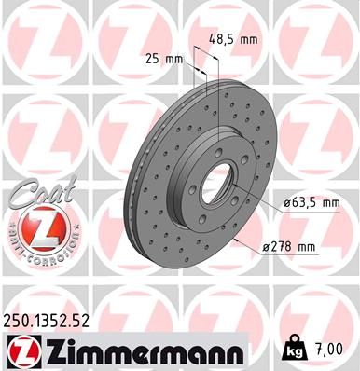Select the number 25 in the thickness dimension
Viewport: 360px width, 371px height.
pos(153,59)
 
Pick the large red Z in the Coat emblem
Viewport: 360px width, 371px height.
pos(33,227)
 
